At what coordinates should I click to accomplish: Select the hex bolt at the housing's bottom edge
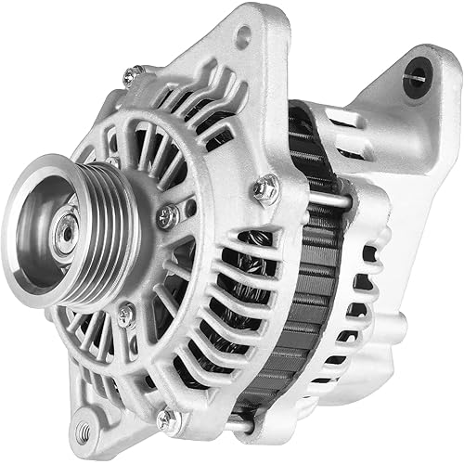click(x=167, y=420)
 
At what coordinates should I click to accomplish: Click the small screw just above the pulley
click(x=111, y=162)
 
